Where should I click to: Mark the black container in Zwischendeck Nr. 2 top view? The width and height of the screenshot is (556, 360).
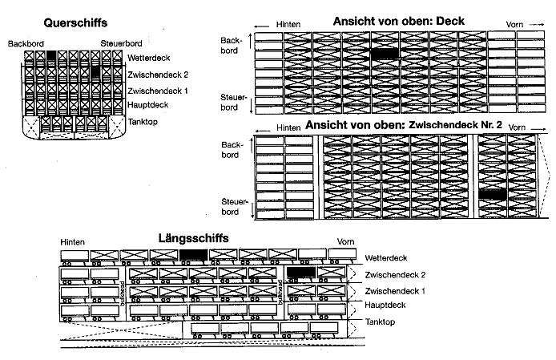tap(492, 194)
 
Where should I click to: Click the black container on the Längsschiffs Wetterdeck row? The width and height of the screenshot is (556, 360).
tap(193, 255)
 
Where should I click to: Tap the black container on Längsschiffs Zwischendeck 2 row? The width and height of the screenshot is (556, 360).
tap(300, 273)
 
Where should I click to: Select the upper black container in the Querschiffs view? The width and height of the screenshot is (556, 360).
tap(51, 56)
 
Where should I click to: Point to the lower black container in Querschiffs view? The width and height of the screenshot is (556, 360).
tap(95, 72)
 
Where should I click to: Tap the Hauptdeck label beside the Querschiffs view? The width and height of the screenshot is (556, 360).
tap(149, 106)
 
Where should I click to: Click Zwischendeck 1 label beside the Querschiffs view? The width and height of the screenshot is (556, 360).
tap(158, 91)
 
